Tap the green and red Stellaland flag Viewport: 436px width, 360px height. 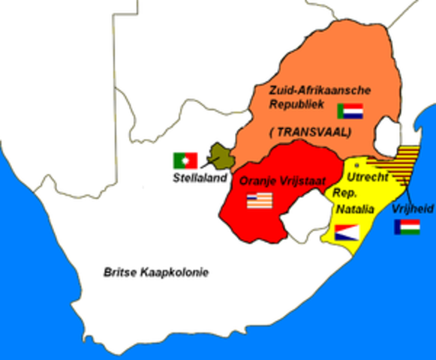click(x=185, y=160)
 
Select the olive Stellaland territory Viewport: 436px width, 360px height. click(x=220, y=155)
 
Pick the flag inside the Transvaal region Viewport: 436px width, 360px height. click(x=350, y=111)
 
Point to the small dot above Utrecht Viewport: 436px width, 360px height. click(x=356, y=163)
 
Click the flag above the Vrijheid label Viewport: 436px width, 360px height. click(x=407, y=226)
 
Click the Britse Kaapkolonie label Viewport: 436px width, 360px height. click(x=156, y=272)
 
